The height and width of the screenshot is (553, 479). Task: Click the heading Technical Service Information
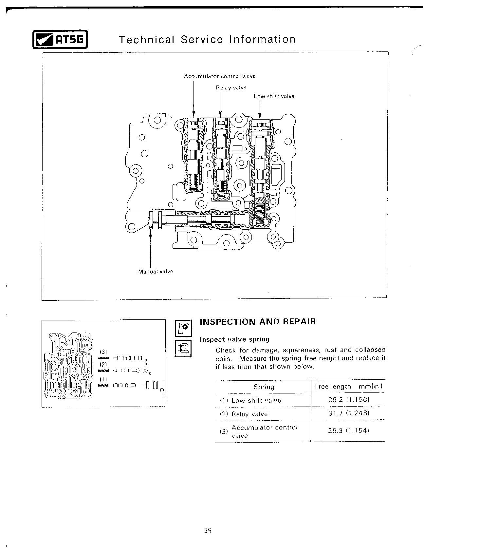[207, 40]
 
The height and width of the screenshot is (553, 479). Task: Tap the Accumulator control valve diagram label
[219, 76]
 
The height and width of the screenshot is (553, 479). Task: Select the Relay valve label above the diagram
[231, 87]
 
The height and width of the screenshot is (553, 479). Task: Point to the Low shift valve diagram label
[274, 96]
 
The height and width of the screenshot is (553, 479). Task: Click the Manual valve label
[155, 271]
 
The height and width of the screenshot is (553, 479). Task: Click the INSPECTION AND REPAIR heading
[258, 321]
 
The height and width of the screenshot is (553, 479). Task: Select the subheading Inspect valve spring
[235, 339]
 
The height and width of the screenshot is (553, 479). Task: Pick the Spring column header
[264, 387]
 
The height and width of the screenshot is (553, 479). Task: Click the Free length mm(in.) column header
[348, 387]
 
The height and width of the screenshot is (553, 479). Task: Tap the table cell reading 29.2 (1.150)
[349, 400]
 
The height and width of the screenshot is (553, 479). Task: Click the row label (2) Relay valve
[244, 414]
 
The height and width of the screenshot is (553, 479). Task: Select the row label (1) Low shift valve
[250, 400]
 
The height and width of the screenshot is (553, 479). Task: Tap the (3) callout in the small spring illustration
[103, 352]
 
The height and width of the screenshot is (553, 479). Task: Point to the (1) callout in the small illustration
[103, 379]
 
